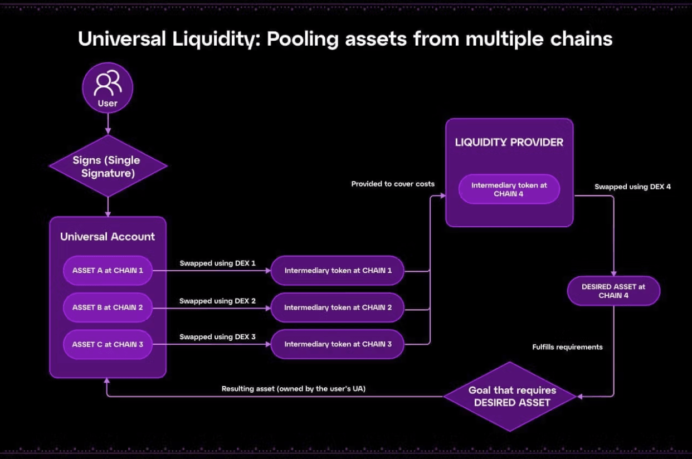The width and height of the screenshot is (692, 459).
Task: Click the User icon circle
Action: click(x=108, y=87)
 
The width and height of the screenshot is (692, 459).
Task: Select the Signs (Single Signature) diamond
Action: click(x=108, y=166)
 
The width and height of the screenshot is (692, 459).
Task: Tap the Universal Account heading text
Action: click(x=108, y=237)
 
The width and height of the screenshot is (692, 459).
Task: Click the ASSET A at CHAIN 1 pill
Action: click(x=108, y=271)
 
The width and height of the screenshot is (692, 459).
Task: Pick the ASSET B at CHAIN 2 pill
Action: click(x=108, y=307)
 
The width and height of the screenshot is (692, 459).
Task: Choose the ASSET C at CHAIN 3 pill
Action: click(x=108, y=344)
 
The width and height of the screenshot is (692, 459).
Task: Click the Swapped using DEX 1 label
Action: click(x=217, y=263)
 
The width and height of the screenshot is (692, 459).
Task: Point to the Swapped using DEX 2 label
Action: click(x=217, y=301)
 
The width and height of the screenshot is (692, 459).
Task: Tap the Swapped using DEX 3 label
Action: click(x=217, y=337)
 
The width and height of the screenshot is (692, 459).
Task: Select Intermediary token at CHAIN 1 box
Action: click(x=338, y=271)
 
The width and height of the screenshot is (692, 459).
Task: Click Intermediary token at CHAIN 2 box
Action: click(x=338, y=307)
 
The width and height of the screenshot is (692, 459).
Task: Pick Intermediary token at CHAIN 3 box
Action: click(x=338, y=344)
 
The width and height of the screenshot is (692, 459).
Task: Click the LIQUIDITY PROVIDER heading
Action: click(x=509, y=142)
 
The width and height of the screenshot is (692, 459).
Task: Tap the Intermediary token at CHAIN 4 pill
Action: click(x=509, y=189)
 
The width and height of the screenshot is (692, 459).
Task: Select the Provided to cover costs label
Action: click(x=393, y=184)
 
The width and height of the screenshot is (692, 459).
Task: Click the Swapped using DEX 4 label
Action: click(x=632, y=187)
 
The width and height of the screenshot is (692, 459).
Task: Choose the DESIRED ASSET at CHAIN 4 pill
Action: click(x=613, y=291)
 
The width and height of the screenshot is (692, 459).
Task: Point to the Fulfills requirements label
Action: click(x=567, y=347)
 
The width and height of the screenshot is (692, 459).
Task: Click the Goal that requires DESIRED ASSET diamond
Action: click(x=510, y=396)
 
